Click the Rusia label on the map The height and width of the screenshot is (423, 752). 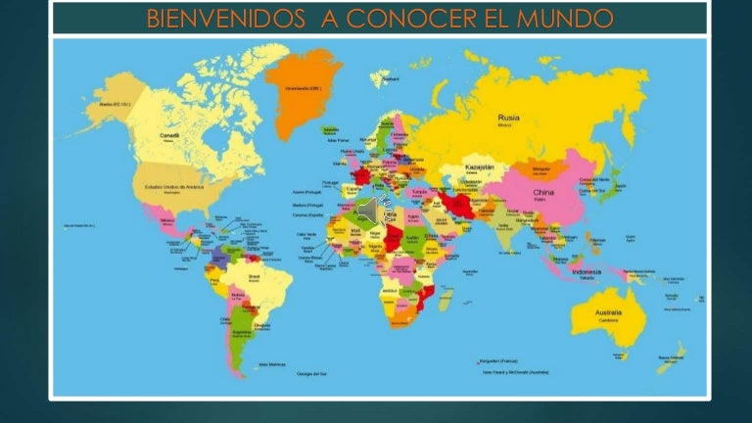pos(508,117)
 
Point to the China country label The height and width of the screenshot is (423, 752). pos(542,193)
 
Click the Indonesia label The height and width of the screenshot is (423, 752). pos(587,271)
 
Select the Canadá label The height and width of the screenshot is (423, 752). pos(169,135)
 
